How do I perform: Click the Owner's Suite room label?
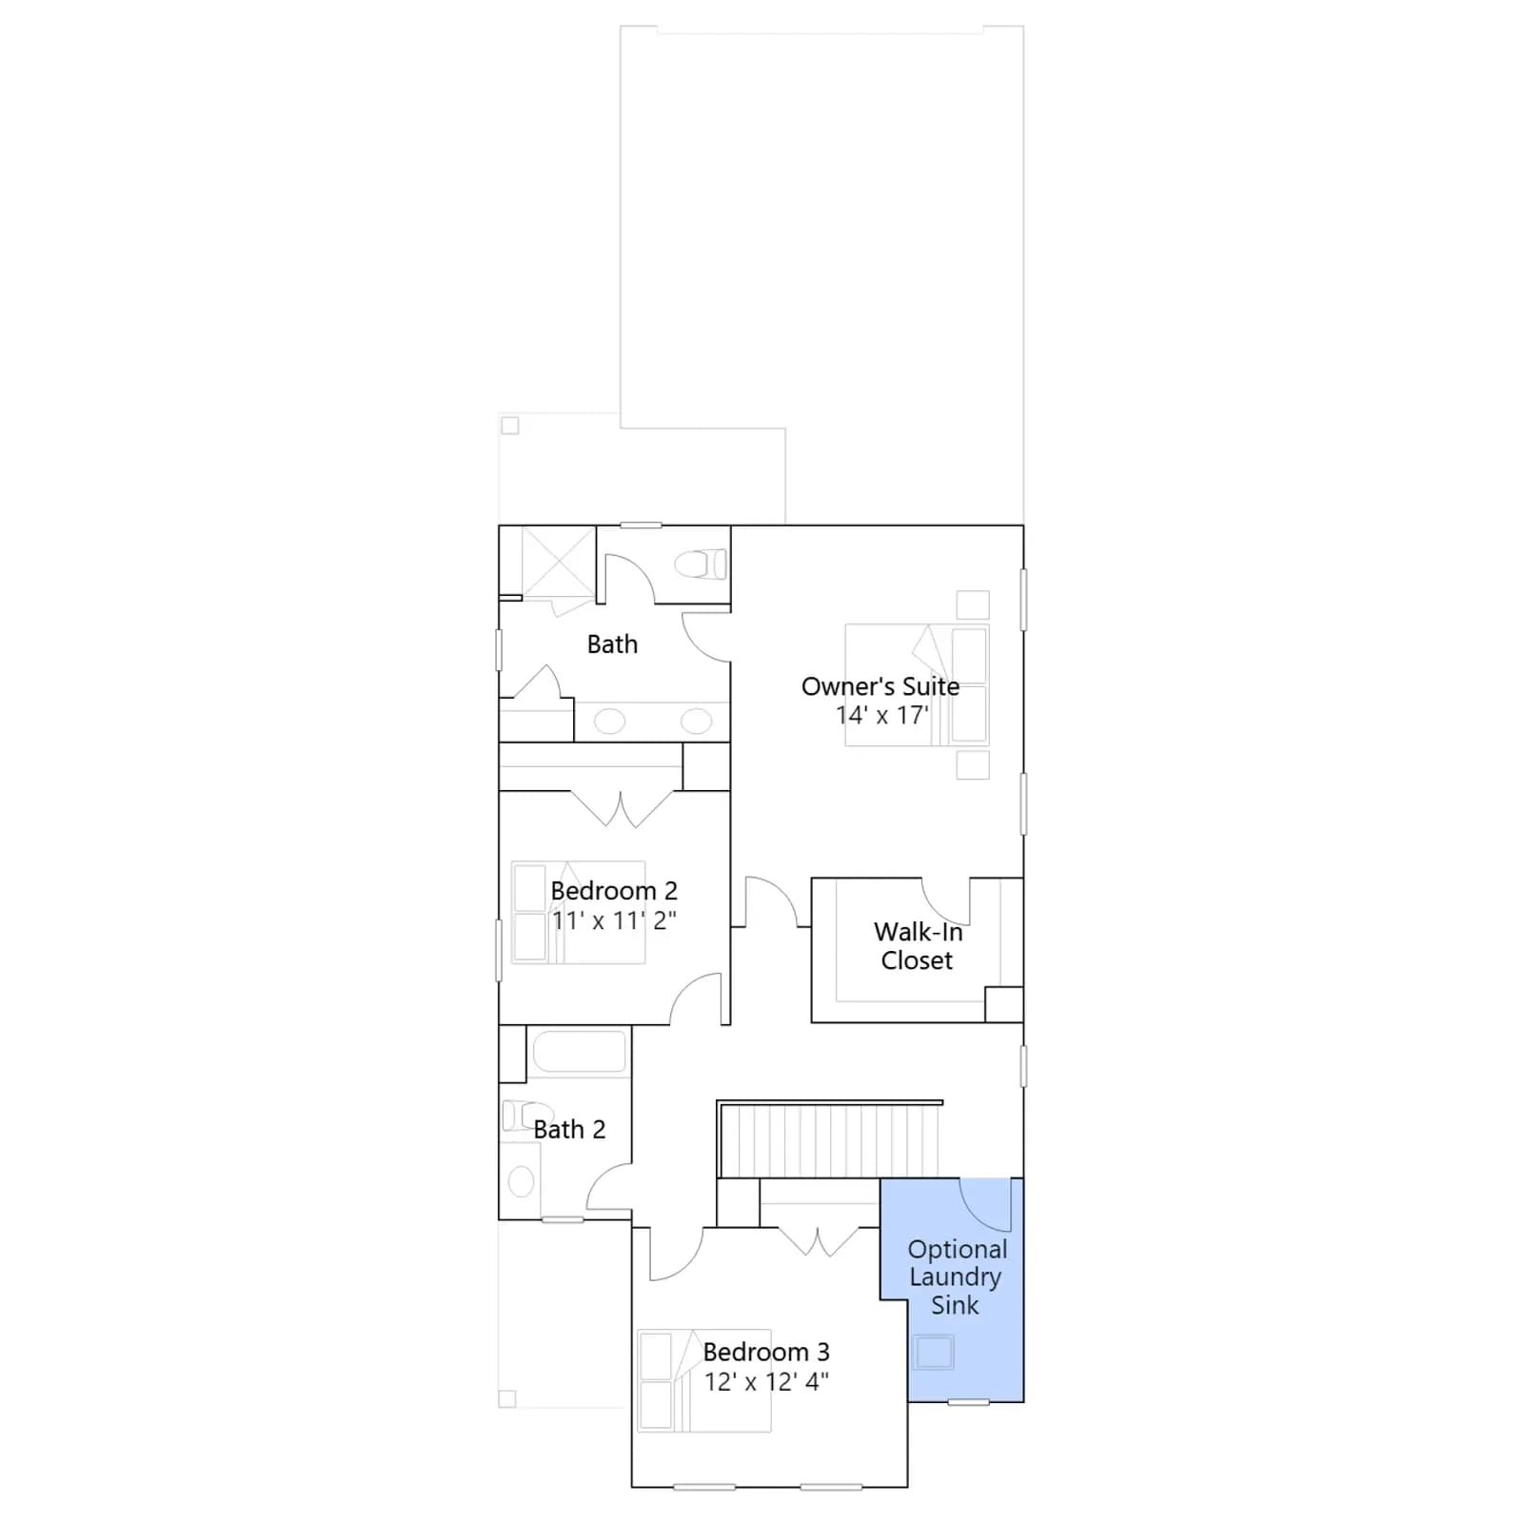pyautogui.click(x=880, y=686)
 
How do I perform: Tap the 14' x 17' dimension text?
pyautogui.click(x=882, y=715)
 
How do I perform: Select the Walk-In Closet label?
pyautogui.click(x=918, y=945)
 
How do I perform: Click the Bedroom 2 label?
pyautogui.click(x=614, y=891)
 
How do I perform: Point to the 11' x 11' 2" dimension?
pyautogui.click(x=614, y=920)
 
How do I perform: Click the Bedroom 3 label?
pyautogui.click(x=766, y=1352)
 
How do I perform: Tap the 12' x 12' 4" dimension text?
pyautogui.click(x=766, y=1381)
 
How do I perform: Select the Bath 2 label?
pyautogui.click(x=569, y=1129)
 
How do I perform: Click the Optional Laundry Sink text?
pyautogui.click(x=957, y=1277)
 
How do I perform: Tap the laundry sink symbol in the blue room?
pyautogui.click(x=934, y=1352)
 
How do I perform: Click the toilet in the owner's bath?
pyautogui.click(x=701, y=564)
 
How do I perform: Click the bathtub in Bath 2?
pyautogui.click(x=580, y=1052)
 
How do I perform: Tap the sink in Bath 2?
pyautogui.click(x=521, y=1182)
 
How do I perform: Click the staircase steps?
pyautogui.click(x=830, y=1140)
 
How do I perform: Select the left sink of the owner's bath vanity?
pyautogui.click(x=610, y=721)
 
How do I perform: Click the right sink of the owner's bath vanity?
pyautogui.click(x=696, y=721)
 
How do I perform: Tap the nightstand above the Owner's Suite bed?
pyautogui.click(x=973, y=605)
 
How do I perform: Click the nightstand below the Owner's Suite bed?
pyautogui.click(x=973, y=765)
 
